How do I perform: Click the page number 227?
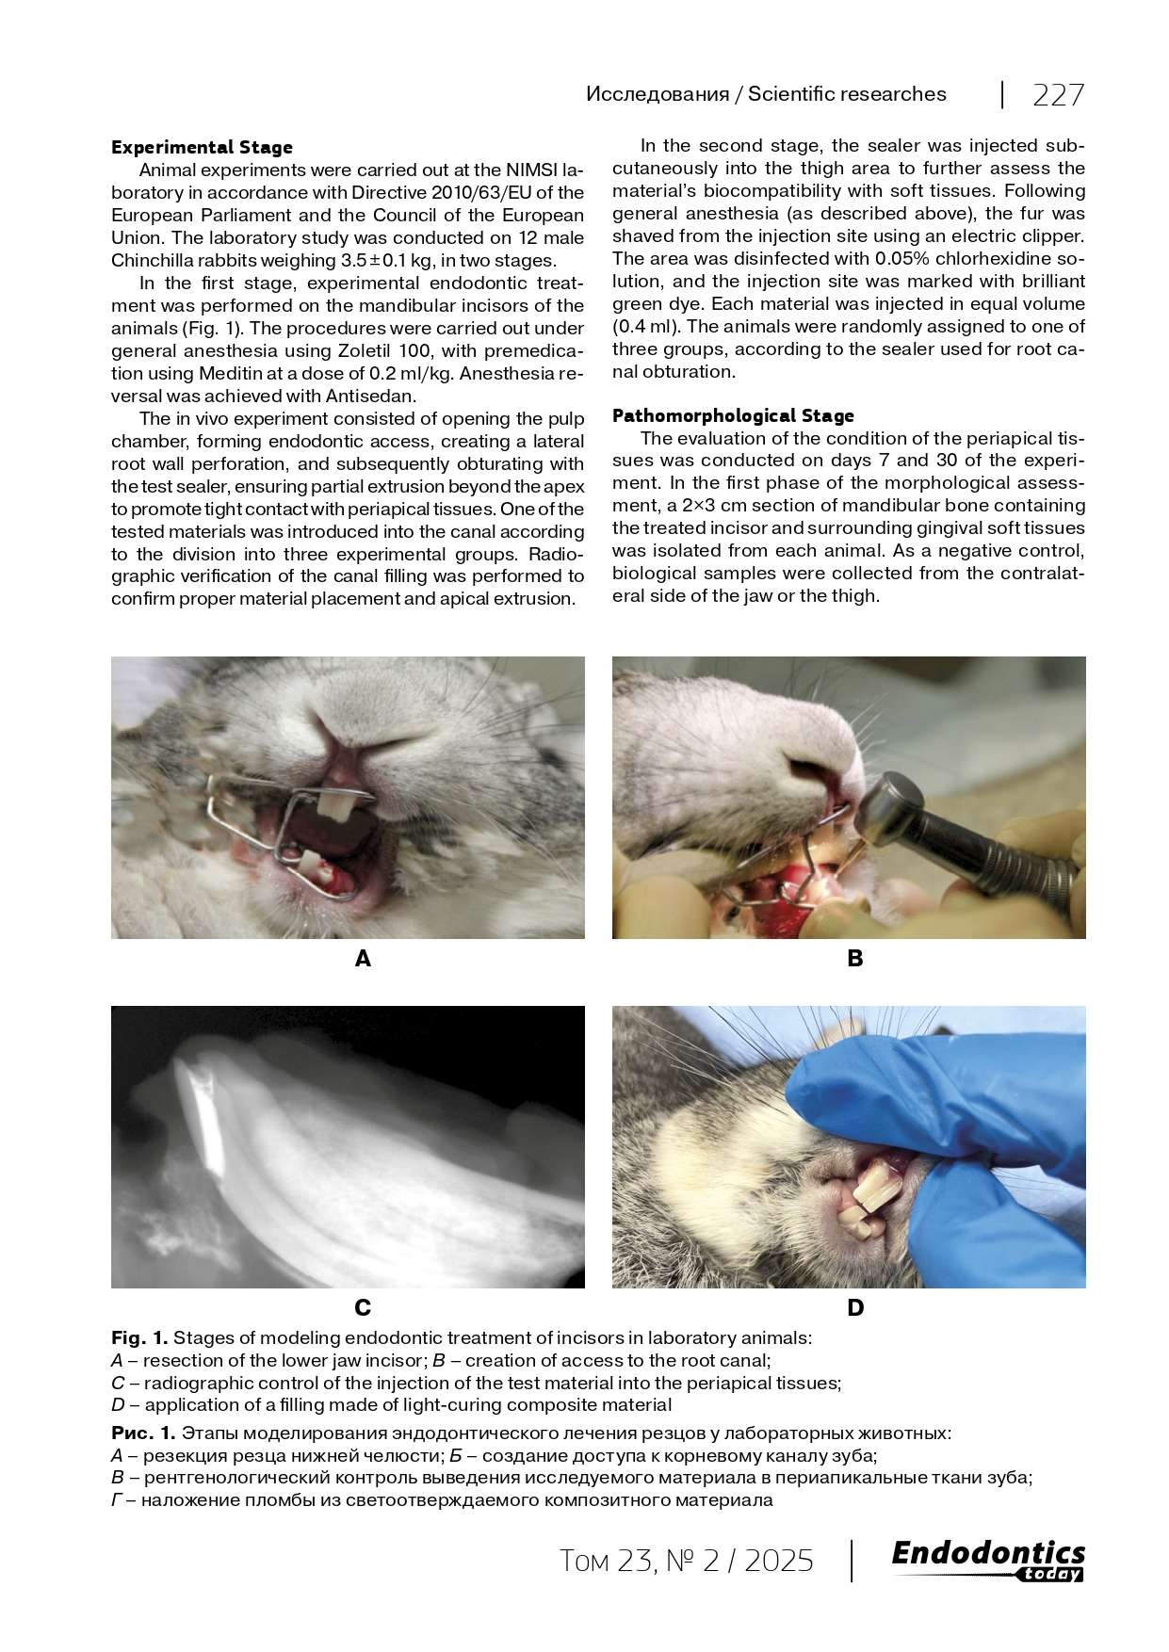click(x=1059, y=95)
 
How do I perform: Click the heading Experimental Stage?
click(x=202, y=147)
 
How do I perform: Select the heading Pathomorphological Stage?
click(x=733, y=415)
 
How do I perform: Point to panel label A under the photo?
click(x=363, y=959)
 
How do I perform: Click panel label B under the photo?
click(x=855, y=959)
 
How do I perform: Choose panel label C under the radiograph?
click(x=363, y=1307)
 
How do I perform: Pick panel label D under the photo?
click(x=855, y=1307)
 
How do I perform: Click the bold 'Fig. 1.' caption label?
click(x=139, y=1337)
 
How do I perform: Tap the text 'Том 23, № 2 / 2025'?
click(x=686, y=1562)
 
